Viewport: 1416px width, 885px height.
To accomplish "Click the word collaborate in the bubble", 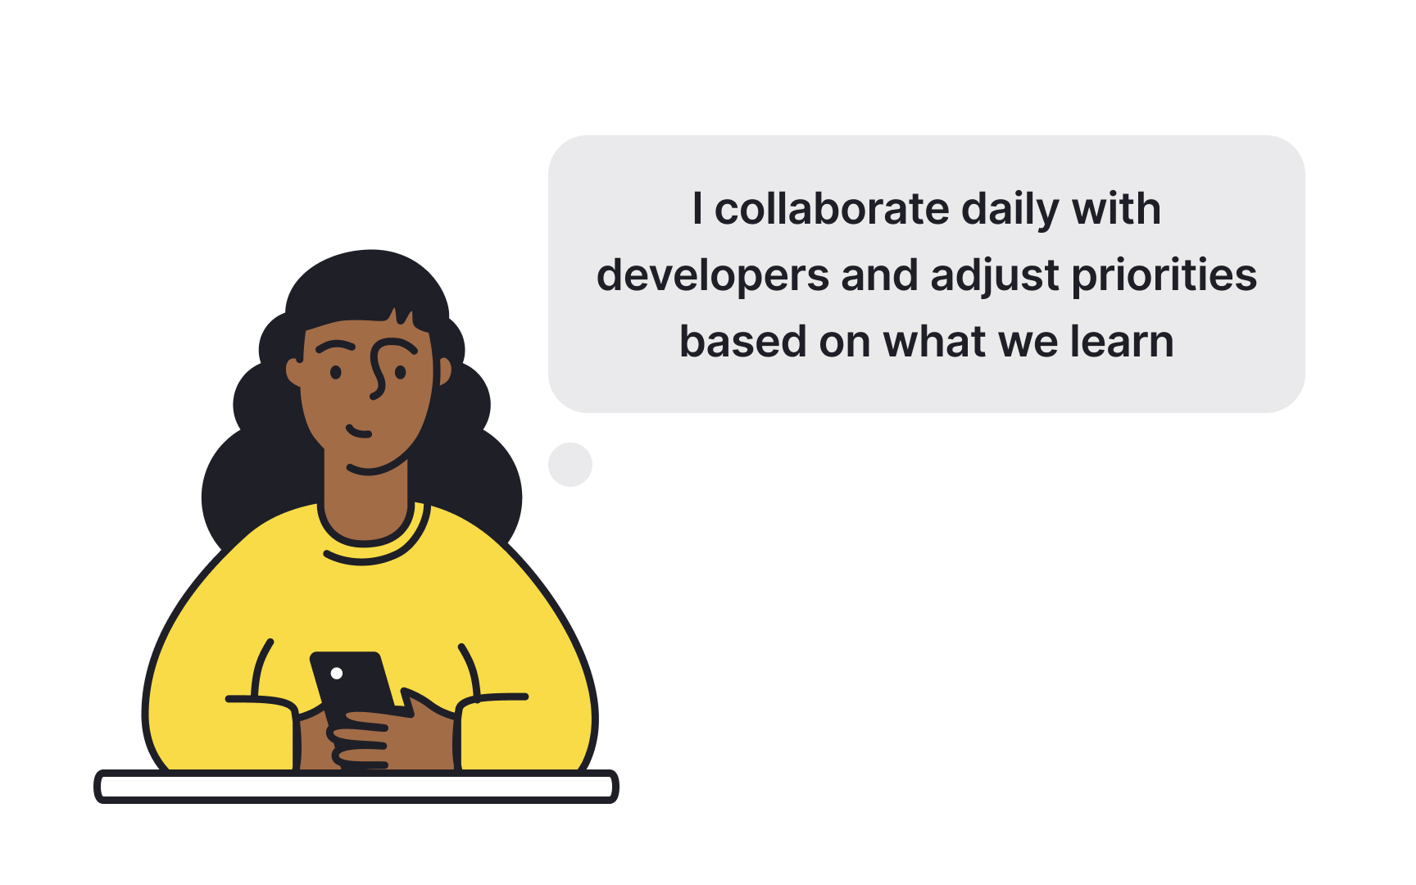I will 832,209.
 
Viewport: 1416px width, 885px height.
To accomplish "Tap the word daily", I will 1010,210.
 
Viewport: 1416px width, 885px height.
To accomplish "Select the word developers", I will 712,275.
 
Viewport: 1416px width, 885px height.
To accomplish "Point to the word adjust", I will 995,275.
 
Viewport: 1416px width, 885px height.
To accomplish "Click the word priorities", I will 1164,275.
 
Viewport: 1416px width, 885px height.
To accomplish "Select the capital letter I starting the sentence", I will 697,209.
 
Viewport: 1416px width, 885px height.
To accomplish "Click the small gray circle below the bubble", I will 570,465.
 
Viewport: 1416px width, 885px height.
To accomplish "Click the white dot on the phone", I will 336,674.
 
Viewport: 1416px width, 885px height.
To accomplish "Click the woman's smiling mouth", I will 359,432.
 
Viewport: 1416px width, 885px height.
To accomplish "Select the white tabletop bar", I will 356,787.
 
